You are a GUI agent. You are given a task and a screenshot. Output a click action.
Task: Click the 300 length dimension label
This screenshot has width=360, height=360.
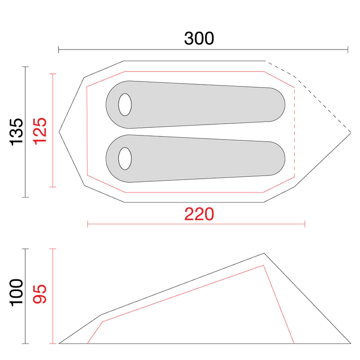(x=199, y=38)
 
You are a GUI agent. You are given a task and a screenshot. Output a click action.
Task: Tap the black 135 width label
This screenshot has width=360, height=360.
(x=16, y=132)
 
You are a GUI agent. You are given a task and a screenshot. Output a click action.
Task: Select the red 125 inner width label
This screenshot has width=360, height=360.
(x=40, y=131)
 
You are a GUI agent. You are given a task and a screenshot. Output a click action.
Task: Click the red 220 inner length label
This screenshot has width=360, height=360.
(x=199, y=214)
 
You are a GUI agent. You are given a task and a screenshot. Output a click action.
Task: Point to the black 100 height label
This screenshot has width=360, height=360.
(x=16, y=293)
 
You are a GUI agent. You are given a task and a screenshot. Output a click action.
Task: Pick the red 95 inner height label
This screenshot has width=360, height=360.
(x=40, y=294)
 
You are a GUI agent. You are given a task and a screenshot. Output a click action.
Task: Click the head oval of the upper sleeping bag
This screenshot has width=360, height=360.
(x=125, y=105)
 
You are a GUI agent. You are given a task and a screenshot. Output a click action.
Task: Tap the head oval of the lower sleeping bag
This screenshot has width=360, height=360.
(x=125, y=159)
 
